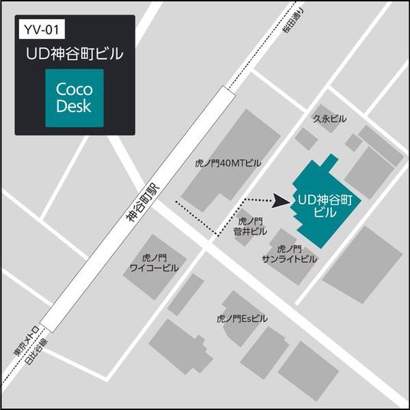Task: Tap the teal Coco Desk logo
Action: pos(74,98)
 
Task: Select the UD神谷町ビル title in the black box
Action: pos(75,55)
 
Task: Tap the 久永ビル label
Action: pos(330,119)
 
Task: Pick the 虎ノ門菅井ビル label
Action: pos(253,226)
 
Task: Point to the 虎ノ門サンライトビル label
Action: pos(289,254)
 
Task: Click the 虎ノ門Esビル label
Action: pos(241,317)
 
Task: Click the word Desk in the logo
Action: pos(74,107)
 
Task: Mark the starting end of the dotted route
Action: pos(178,202)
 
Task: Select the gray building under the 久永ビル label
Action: pos(305,139)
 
